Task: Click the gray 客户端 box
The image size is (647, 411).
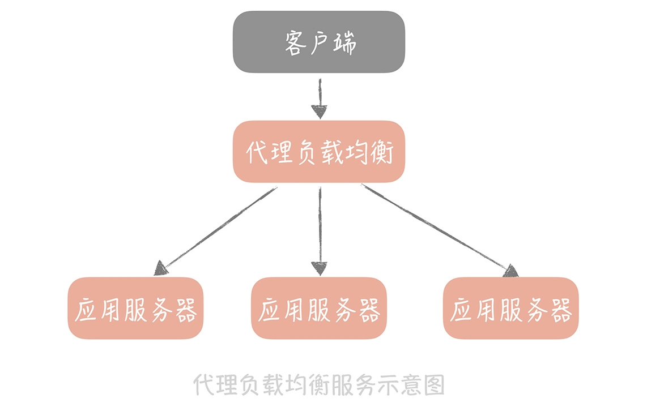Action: click(x=319, y=42)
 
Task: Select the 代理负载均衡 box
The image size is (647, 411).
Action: click(x=319, y=152)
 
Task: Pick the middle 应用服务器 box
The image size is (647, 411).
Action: click(x=319, y=309)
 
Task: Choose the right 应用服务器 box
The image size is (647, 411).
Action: click(x=510, y=309)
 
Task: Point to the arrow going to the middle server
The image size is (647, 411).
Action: click(x=320, y=226)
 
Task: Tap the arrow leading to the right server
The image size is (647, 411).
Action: click(x=436, y=227)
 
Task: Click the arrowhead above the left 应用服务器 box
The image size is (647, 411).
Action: click(x=161, y=268)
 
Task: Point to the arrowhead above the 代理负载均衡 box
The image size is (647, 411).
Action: click(x=320, y=112)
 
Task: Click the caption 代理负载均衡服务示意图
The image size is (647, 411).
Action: click(x=319, y=385)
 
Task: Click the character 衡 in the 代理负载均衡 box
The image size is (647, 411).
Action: click(x=381, y=152)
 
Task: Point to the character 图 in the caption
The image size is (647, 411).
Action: click(x=433, y=385)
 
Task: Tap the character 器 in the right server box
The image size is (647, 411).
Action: click(x=561, y=310)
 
